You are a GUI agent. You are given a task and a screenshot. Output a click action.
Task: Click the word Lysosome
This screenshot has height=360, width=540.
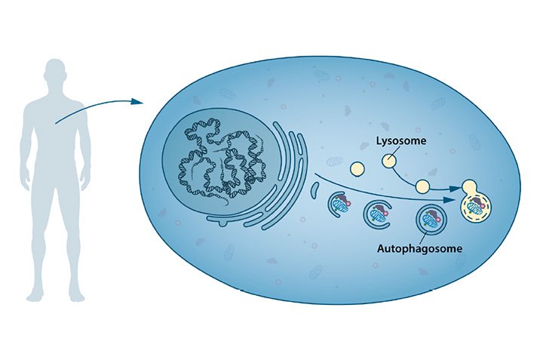401,141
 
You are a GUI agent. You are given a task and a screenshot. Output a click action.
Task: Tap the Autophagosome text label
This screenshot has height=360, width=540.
419,248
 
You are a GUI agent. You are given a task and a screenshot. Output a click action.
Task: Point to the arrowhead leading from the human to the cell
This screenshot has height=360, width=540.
137,101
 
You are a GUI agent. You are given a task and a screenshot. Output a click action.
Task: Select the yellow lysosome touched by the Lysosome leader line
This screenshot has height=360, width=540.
388,161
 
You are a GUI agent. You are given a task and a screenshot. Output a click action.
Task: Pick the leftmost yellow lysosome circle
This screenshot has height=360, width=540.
357,169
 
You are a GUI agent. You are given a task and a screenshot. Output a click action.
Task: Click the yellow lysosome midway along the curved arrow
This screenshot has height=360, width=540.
422,186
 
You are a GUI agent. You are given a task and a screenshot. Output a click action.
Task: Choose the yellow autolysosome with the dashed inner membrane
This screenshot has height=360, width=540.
476,208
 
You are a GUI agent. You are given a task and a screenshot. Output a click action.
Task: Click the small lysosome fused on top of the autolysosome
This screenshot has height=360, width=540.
468,187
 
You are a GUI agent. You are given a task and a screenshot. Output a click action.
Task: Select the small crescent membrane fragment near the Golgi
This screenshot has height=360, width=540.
314,190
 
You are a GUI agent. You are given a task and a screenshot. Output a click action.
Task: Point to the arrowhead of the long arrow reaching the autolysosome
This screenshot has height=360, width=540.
449,200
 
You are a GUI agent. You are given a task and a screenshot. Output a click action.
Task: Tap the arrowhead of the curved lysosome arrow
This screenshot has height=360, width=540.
456,189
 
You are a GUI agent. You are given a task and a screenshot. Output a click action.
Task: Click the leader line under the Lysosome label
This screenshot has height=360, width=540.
395,152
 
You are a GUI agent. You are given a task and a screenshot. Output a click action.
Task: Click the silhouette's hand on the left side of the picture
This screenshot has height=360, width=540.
26,182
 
